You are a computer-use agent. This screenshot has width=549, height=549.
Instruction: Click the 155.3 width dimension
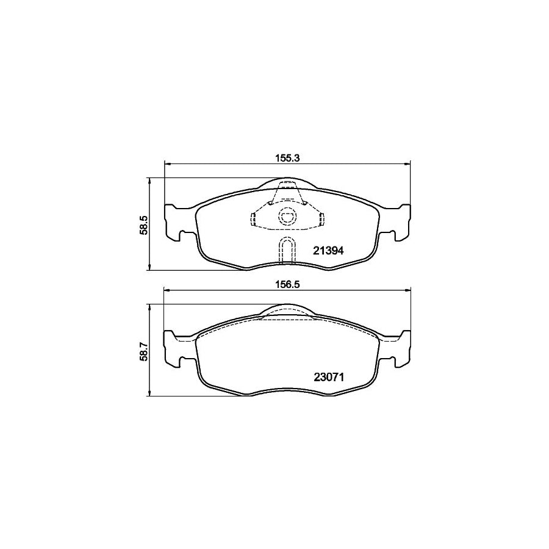(x=287, y=156)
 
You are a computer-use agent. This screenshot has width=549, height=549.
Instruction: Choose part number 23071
(x=329, y=377)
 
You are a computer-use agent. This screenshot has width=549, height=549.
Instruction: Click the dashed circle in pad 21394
(x=287, y=216)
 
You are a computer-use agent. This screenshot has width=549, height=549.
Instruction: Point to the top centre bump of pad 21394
(x=287, y=182)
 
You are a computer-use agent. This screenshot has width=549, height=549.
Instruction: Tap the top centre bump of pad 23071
(x=287, y=310)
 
